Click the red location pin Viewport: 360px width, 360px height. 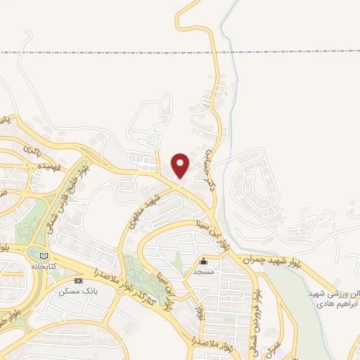click(181, 165)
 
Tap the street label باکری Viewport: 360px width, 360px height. click(32, 149)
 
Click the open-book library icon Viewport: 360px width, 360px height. click(44, 255)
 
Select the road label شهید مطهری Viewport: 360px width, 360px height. click(144, 211)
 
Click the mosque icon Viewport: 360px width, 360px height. click(204, 262)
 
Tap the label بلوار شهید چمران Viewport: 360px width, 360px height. click(271, 260)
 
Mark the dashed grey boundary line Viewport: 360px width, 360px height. click(105, 53)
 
